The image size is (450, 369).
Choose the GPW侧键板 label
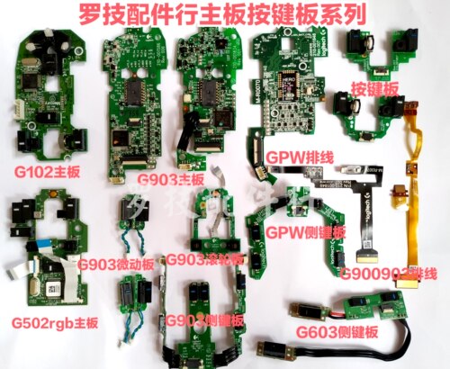coord(303,231)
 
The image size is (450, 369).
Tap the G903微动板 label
coord(116,263)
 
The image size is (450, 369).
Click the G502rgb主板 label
coord(49,321)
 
